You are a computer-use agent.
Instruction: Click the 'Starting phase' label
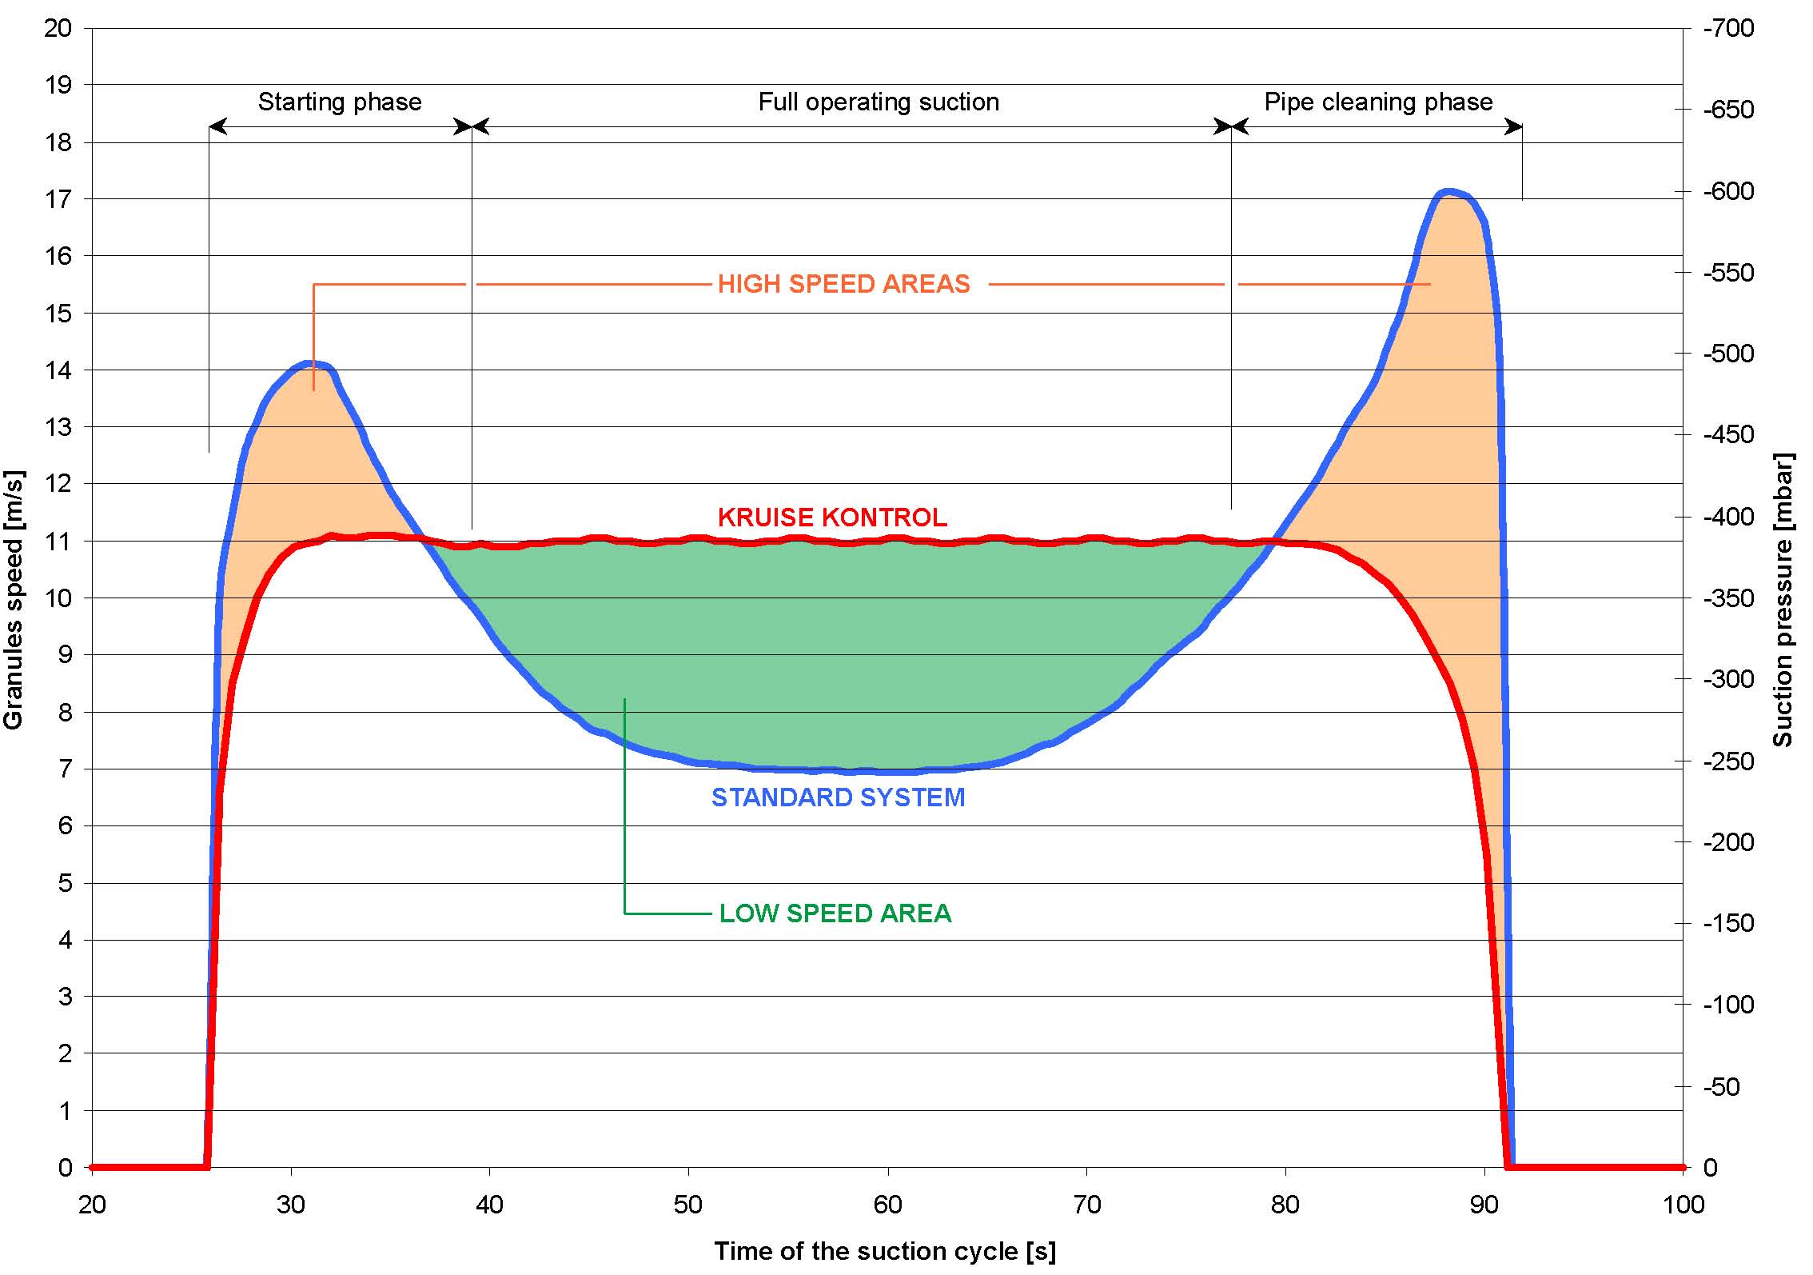coord(339,102)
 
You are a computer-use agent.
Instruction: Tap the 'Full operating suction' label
coord(878,102)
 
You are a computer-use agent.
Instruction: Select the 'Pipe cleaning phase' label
coord(1378,102)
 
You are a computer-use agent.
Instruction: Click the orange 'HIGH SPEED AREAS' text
coord(843,284)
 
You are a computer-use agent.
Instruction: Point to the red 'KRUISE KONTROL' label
coord(832,518)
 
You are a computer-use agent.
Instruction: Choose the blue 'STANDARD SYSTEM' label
coord(838,797)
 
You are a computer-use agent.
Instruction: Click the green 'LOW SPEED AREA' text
coord(835,913)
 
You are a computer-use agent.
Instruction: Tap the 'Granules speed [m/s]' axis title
coord(14,600)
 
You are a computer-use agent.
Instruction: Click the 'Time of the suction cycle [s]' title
coord(884,1251)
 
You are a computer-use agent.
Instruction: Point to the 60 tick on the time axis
coord(887,1205)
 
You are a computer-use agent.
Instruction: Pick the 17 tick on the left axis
coord(58,199)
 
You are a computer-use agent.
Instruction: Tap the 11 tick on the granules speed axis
coord(58,542)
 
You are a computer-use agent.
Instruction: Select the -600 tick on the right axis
coord(1728,191)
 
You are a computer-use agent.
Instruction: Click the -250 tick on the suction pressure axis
coord(1728,761)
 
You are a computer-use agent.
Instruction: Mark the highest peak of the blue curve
coord(1448,192)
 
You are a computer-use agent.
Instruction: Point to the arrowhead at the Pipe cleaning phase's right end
coord(1514,126)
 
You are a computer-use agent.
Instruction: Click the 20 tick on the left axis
coord(58,28)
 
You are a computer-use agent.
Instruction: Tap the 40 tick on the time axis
coord(489,1205)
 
